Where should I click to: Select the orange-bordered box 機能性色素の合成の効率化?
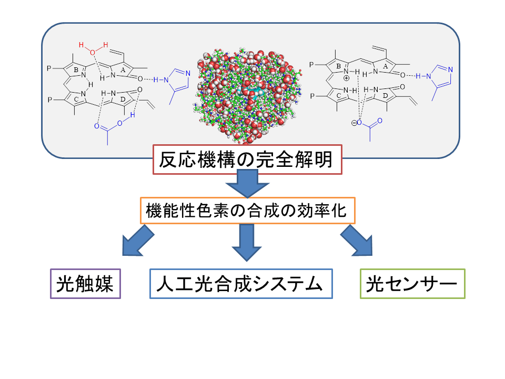click(247, 211)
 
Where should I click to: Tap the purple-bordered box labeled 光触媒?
click(85, 284)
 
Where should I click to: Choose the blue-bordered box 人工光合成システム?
click(241, 284)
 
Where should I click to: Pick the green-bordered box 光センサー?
click(412, 284)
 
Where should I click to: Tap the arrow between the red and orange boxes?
click(247, 185)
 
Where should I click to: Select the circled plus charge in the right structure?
click(346, 77)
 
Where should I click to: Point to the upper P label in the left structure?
click(49, 68)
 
